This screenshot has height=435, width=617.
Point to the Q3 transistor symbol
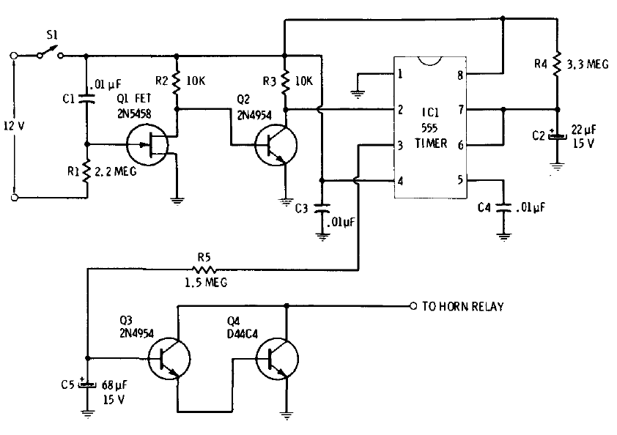(169, 359)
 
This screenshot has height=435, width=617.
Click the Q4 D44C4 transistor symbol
(277, 359)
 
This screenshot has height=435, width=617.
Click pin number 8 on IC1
(459, 74)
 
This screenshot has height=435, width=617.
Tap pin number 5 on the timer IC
(459, 180)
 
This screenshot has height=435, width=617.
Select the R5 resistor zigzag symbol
(203, 268)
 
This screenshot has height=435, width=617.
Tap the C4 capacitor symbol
(503, 207)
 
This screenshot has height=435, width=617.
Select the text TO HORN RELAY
(462, 307)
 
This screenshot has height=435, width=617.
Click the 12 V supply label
(15, 126)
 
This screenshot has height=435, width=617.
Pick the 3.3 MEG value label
(588, 64)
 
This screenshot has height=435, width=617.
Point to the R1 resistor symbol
(87, 171)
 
